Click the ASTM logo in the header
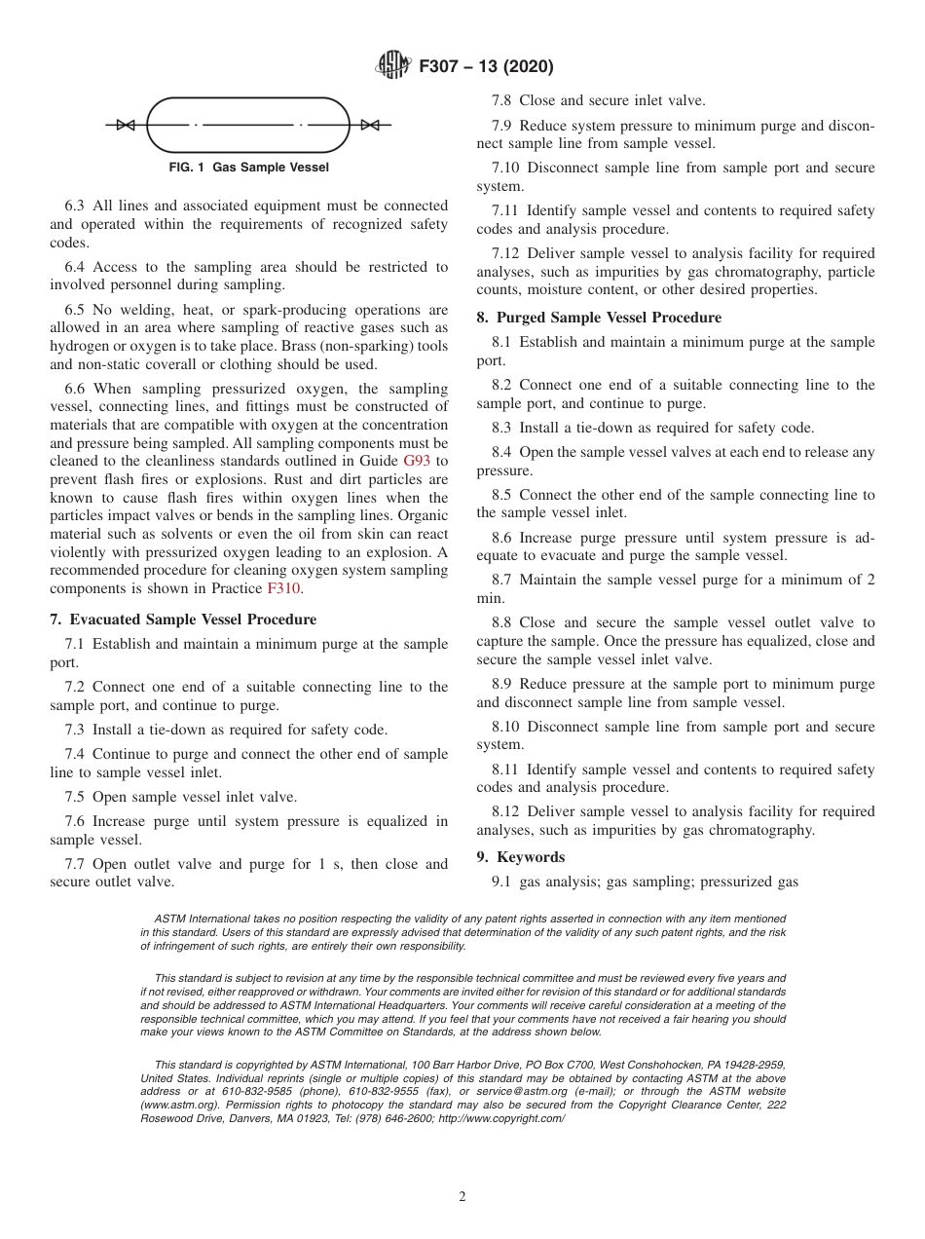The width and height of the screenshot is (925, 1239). [x=392, y=67]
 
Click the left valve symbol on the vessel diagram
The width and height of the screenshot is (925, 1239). [x=125, y=125]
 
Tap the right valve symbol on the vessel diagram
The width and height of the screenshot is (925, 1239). [x=370, y=125]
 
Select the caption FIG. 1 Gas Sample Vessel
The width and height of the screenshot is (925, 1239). [x=248, y=168]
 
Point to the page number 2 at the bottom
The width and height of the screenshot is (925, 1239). [x=462, y=1197]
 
